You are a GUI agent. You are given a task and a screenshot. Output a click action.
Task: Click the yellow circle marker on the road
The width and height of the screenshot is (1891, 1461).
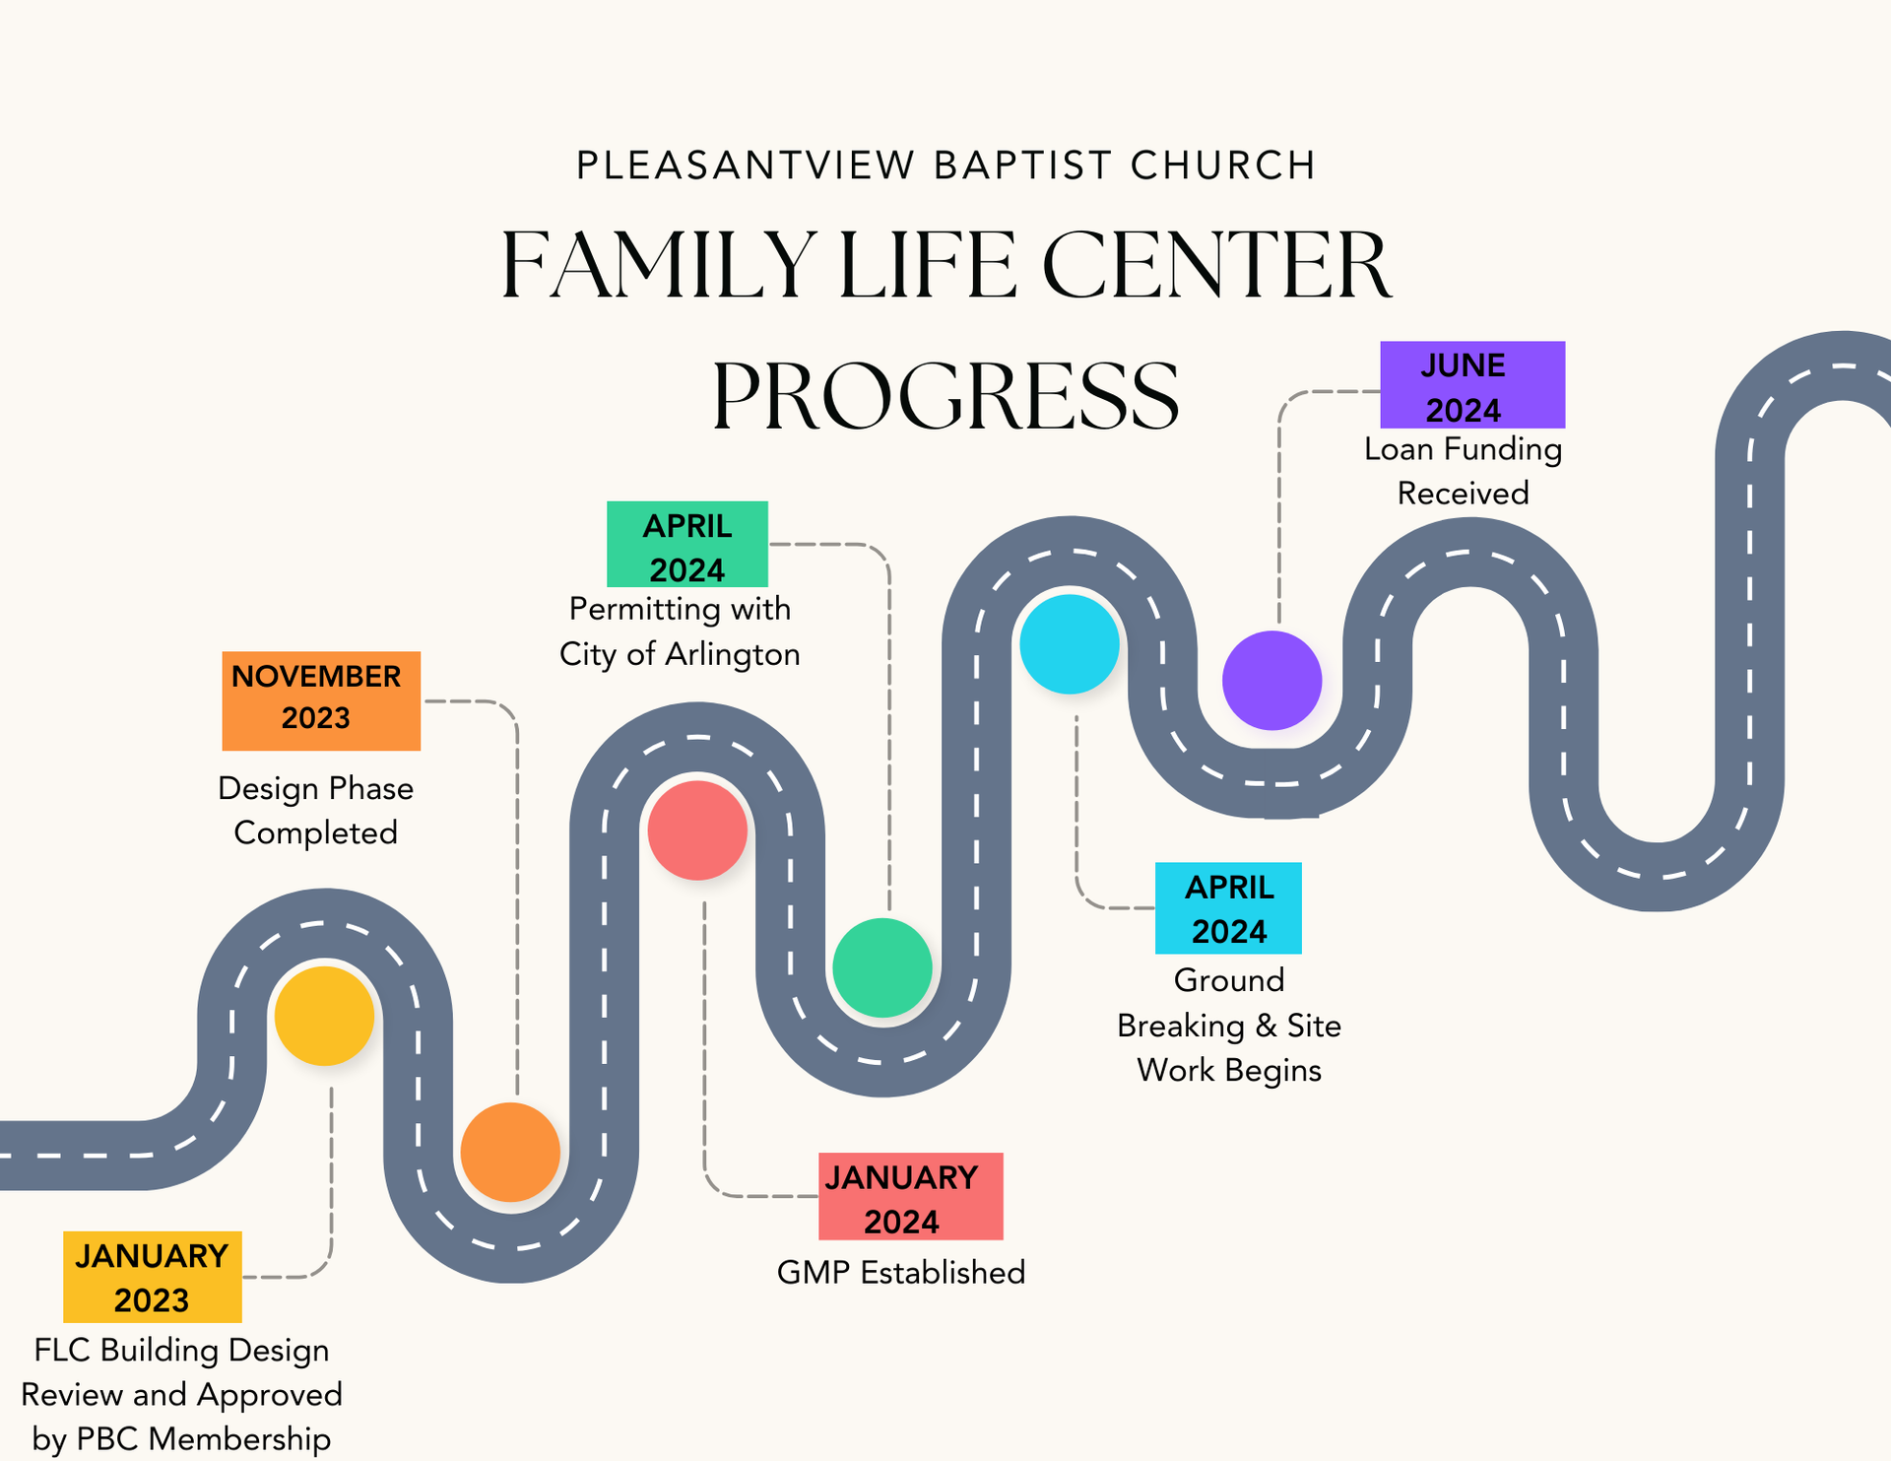324,1016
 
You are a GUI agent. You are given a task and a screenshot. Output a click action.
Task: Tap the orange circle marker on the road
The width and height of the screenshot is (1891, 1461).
510,1152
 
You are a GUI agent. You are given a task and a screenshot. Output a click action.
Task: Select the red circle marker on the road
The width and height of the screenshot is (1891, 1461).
697,830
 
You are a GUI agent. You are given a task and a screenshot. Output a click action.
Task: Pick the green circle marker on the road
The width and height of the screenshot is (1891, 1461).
882,967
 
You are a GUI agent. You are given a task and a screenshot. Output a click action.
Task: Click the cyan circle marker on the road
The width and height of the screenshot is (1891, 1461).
1070,643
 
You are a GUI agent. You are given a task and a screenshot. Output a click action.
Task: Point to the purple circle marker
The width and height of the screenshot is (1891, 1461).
1272,680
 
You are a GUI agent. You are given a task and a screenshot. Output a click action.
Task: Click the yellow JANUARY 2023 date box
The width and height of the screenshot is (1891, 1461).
153,1277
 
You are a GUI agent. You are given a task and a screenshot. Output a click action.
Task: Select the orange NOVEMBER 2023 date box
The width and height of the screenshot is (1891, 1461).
321,700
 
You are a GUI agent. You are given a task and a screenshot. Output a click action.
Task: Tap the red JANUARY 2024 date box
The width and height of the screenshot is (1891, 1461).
910,1196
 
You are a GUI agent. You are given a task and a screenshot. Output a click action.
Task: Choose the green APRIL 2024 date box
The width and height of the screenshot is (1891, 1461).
686,544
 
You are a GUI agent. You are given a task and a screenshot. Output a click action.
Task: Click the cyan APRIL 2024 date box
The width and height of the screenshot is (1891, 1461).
1228,907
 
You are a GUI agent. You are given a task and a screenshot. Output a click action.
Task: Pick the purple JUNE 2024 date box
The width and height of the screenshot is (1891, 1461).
1471,384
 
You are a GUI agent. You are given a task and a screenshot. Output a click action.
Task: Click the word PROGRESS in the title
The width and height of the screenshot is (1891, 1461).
945,396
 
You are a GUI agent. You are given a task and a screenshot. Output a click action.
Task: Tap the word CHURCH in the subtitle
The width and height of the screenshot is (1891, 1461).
1222,166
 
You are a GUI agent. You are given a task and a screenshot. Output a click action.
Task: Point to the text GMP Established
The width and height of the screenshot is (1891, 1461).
900,1272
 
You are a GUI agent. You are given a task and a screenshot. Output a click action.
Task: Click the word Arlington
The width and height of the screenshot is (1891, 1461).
732,654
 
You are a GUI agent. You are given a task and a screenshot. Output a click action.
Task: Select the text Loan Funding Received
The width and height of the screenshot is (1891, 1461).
1463,471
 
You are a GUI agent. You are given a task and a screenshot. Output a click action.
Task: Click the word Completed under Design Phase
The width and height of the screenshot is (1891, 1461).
315,832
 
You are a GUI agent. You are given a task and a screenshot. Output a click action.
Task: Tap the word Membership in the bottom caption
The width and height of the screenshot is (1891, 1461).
239,1438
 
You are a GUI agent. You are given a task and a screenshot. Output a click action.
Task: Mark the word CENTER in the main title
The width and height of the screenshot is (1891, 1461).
1216,266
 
